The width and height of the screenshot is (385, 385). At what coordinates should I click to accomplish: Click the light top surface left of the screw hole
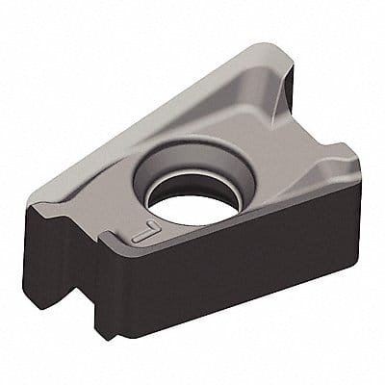tap(106, 192)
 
